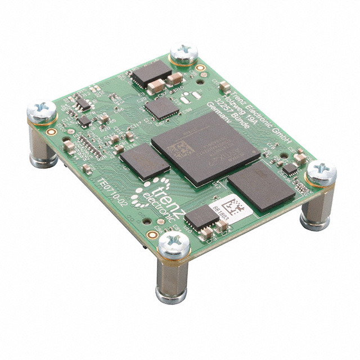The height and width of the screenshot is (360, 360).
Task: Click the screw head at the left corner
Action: coord(42,110)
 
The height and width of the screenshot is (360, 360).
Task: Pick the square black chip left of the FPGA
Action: coord(144,161)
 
